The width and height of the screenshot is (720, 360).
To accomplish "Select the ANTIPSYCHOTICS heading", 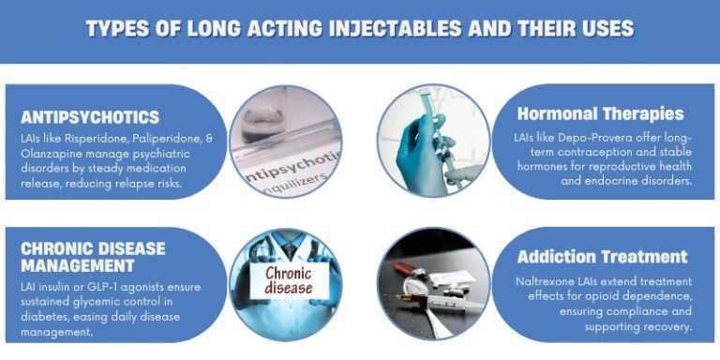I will (90, 117).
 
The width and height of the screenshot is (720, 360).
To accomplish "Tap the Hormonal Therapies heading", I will (600, 114).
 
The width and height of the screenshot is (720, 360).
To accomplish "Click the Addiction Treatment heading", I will (602, 257).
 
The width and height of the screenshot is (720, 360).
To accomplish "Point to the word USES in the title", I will (604, 29).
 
